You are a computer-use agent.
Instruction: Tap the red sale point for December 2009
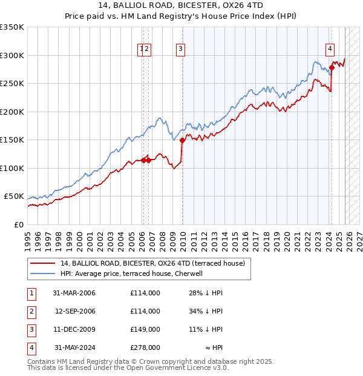[x=182, y=141]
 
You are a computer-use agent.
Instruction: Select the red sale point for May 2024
[x=332, y=68]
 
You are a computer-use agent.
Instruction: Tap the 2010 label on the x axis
[x=183, y=237]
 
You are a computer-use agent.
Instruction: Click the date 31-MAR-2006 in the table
[x=74, y=293]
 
